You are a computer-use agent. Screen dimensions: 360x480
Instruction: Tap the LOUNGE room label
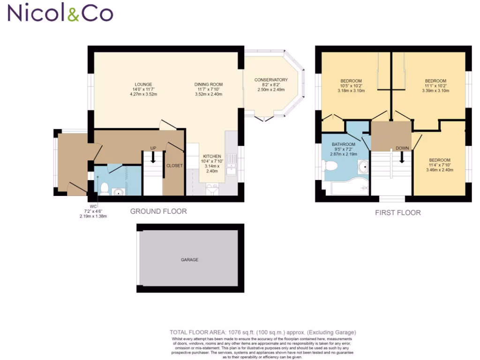pyautogui.click(x=143, y=84)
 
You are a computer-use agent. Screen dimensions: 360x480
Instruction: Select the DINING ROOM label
pyautogui.click(x=207, y=84)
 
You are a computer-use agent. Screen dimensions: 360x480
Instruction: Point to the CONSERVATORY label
pyautogui.click(x=271, y=80)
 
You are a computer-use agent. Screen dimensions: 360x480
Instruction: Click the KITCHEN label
pyautogui.click(x=212, y=157)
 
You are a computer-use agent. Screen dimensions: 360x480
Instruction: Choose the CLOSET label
pyautogui.click(x=174, y=165)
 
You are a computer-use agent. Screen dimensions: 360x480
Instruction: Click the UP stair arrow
pyautogui.click(x=153, y=157)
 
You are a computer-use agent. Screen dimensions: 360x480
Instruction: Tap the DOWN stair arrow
pyautogui.click(x=402, y=158)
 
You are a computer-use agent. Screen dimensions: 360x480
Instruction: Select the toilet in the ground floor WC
pyautogui.click(x=104, y=188)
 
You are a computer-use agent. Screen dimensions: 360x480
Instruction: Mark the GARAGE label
pyautogui.click(x=190, y=260)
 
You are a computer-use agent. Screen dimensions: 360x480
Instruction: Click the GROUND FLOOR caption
pyautogui.click(x=158, y=211)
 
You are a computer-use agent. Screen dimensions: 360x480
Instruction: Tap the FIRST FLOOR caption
pyautogui.click(x=398, y=213)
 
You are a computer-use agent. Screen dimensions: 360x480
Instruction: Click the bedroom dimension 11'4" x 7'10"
pyautogui.click(x=439, y=165)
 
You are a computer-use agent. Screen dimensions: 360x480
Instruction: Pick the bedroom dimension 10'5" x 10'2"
pyautogui.click(x=351, y=86)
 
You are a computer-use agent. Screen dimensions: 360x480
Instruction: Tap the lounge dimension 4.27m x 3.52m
pyautogui.click(x=143, y=94)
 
